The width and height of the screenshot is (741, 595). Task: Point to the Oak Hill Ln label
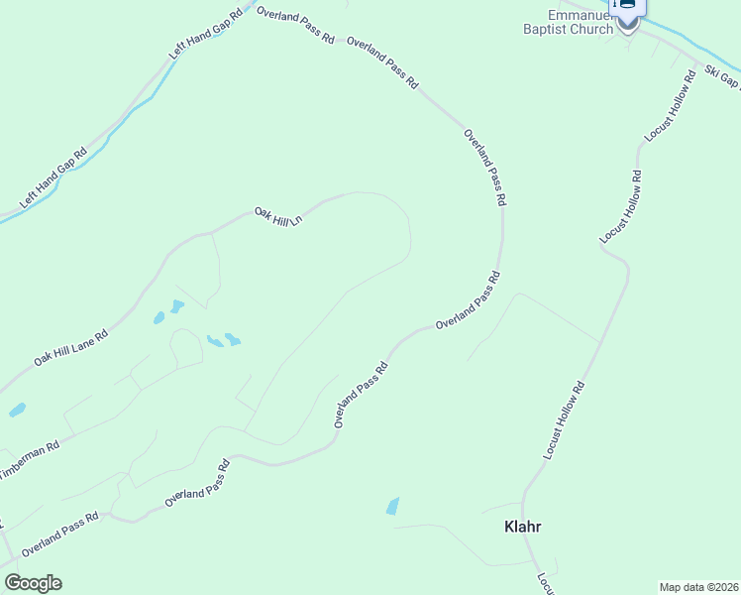coord(277,216)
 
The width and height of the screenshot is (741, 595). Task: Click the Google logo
coord(33,583)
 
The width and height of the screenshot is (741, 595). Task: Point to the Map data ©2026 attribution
coord(698,586)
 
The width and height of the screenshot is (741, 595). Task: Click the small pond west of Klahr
coord(392,507)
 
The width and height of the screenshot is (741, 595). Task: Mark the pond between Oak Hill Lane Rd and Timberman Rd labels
coord(16,410)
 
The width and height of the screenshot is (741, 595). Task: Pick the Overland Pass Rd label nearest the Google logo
coord(59,534)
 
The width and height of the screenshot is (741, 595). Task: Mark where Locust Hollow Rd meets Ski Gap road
coord(697,65)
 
